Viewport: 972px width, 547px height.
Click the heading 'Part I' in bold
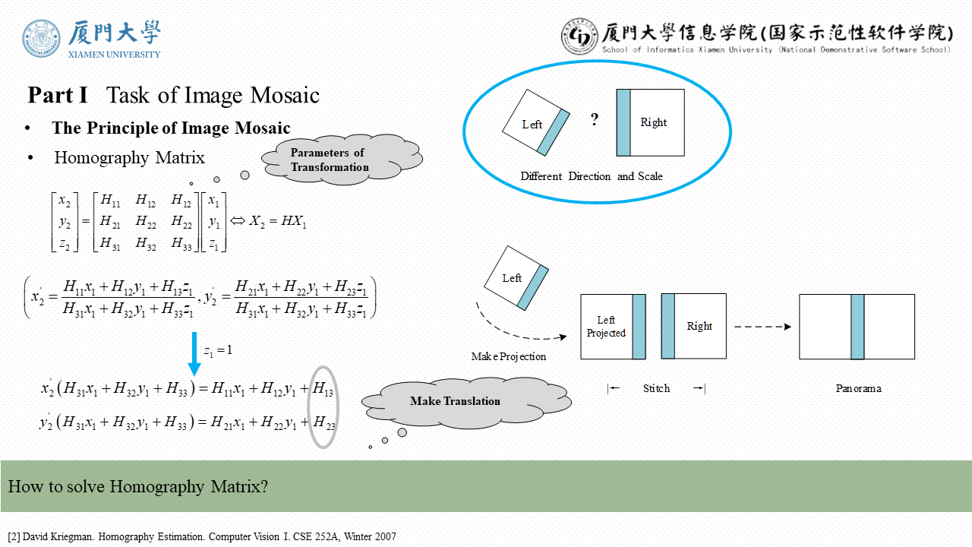(x=58, y=96)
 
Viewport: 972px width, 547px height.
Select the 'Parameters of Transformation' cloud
(x=330, y=160)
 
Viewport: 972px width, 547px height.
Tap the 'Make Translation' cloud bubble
(x=455, y=401)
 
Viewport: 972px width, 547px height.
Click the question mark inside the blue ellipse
(x=595, y=120)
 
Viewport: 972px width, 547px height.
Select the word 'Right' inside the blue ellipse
(x=653, y=122)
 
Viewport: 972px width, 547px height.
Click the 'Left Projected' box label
(x=606, y=327)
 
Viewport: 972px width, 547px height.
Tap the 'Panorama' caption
(x=858, y=388)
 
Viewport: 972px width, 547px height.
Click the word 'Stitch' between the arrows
(x=656, y=388)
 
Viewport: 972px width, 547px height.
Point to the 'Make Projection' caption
(x=508, y=356)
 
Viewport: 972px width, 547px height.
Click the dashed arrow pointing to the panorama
(x=762, y=327)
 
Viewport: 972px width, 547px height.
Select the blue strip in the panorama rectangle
(x=857, y=327)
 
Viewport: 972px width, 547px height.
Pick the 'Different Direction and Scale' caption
(x=591, y=176)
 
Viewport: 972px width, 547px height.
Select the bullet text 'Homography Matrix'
(x=129, y=158)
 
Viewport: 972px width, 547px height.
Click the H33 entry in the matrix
(x=181, y=244)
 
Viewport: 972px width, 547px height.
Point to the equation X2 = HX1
(x=277, y=222)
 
